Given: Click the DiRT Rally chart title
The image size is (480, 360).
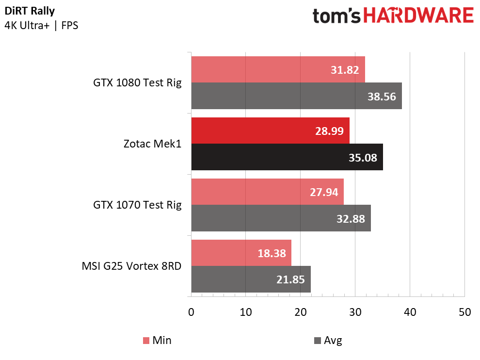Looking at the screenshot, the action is [30, 11].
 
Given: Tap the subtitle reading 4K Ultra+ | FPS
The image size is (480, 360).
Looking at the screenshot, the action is [41, 25].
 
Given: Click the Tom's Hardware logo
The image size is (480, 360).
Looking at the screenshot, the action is [393, 16].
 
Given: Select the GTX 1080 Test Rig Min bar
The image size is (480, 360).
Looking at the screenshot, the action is [278, 69].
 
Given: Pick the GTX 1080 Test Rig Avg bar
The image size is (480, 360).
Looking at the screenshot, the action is [296, 96].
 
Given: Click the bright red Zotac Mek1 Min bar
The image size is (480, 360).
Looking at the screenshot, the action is [271, 131].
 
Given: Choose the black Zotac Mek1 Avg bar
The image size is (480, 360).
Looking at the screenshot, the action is [287, 157].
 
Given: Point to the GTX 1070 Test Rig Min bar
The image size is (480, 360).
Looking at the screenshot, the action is [267, 192].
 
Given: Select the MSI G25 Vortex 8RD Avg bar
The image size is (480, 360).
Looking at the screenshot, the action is [251, 279].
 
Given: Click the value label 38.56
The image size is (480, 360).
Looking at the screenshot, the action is [382, 97].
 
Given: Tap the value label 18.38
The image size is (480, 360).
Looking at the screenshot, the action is [272, 253].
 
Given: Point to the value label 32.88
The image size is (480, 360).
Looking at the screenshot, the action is [351, 219].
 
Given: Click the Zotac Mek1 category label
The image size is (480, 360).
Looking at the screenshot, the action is [152, 144].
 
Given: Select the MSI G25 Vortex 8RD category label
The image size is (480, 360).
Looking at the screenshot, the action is [131, 266].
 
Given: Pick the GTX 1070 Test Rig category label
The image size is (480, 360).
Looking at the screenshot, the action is [137, 205].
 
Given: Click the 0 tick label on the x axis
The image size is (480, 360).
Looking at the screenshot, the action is [192, 312].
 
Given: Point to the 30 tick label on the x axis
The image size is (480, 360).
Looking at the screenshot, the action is [355, 312].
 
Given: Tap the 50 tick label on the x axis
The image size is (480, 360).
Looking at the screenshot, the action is [464, 312].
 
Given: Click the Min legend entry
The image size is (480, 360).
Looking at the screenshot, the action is [157, 341].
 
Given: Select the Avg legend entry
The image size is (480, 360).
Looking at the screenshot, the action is [328, 341].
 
